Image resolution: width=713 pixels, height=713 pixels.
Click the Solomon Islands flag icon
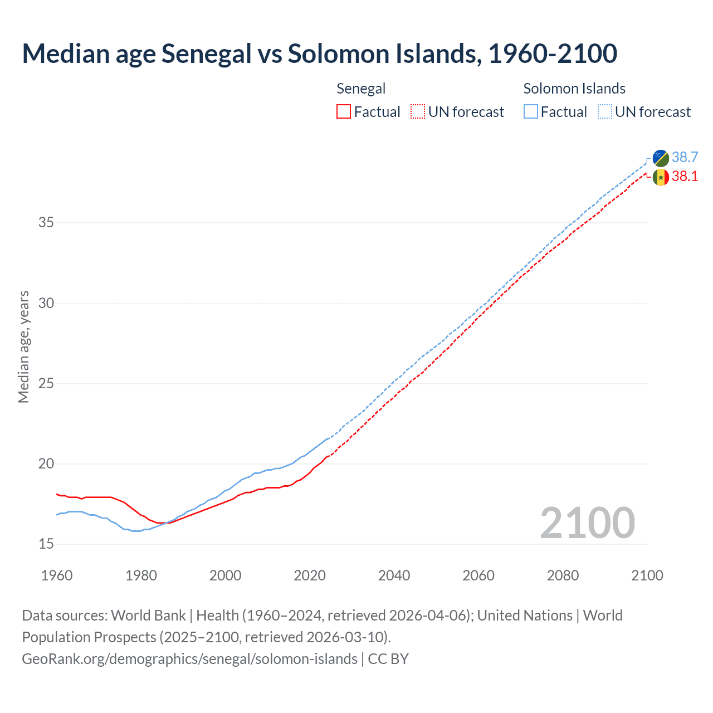(661, 158)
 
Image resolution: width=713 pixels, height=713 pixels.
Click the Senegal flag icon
(661, 177)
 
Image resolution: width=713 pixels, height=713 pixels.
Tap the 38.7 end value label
(685, 158)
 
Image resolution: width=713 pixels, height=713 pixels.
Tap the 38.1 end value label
(685, 177)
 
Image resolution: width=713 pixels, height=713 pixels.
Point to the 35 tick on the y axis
(46, 223)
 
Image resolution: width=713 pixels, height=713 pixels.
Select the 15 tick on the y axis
(46, 544)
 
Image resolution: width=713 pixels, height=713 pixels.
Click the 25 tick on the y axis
(46, 384)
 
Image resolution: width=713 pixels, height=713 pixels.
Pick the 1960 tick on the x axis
(57, 575)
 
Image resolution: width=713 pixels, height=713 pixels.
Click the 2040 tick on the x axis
(394, 575)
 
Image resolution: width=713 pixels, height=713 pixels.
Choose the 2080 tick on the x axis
(563, 575)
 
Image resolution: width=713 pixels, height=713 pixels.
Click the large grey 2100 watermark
(587, 523)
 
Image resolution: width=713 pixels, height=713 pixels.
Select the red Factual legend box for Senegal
(344, 112)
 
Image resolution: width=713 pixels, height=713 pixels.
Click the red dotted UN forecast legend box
(418, 112)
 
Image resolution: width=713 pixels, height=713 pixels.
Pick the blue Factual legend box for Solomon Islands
(531, 112)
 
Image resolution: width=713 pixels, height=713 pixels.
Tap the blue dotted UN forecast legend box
(604, 112)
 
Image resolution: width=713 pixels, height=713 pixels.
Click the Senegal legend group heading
(361, 89)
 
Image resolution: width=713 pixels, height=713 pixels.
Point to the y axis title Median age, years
(23, 346)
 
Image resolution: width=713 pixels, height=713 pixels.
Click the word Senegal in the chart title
(206, 53)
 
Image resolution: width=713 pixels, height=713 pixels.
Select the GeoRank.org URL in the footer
(189, 659)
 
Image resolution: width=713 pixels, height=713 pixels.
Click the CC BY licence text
(388, 659)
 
